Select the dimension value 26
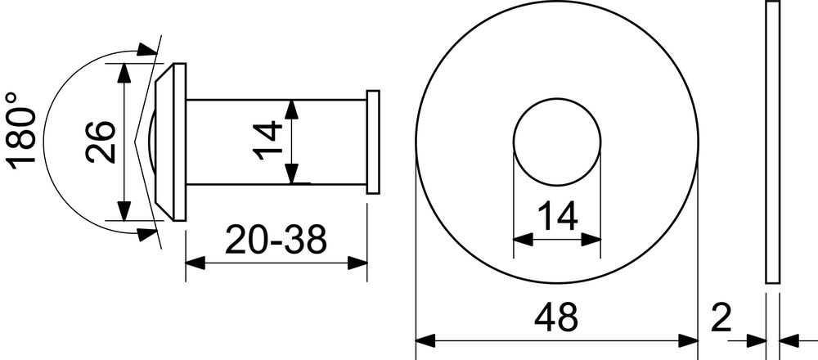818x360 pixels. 100,142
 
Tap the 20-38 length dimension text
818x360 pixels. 276,240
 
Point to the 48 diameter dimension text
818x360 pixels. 556,317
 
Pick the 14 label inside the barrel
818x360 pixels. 267,140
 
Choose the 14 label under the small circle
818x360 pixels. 557,216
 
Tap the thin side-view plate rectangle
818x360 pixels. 773,142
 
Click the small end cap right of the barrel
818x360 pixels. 373,142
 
